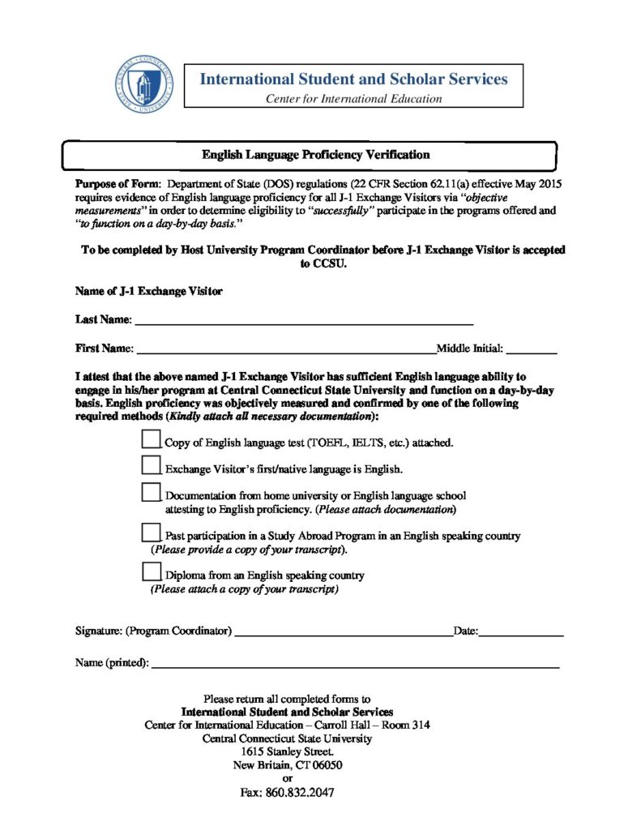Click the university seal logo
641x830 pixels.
(144, 84)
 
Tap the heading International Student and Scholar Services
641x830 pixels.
(353, 79)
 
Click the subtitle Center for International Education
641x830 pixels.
(354, 99)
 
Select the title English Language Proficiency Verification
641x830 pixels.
(316, 154)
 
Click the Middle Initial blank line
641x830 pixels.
(532, 351)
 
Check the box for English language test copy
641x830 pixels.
(152, 439)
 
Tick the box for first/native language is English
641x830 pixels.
(152, 464)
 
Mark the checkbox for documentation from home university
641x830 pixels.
(152, 491)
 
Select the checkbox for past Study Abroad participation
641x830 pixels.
(152, 532)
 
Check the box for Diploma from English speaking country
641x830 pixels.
(152, 571)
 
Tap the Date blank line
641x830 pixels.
(520, 632)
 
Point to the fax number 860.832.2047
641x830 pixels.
(300, 793)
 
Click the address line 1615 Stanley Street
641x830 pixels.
(287, 752)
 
